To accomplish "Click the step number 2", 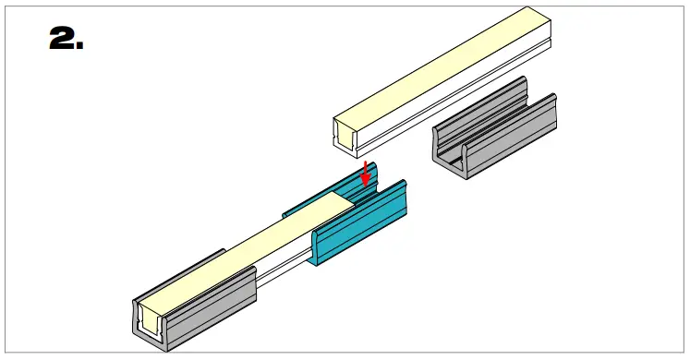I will point(60,39).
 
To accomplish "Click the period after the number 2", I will point(79,46).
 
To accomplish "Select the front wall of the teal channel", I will point(360,226).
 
